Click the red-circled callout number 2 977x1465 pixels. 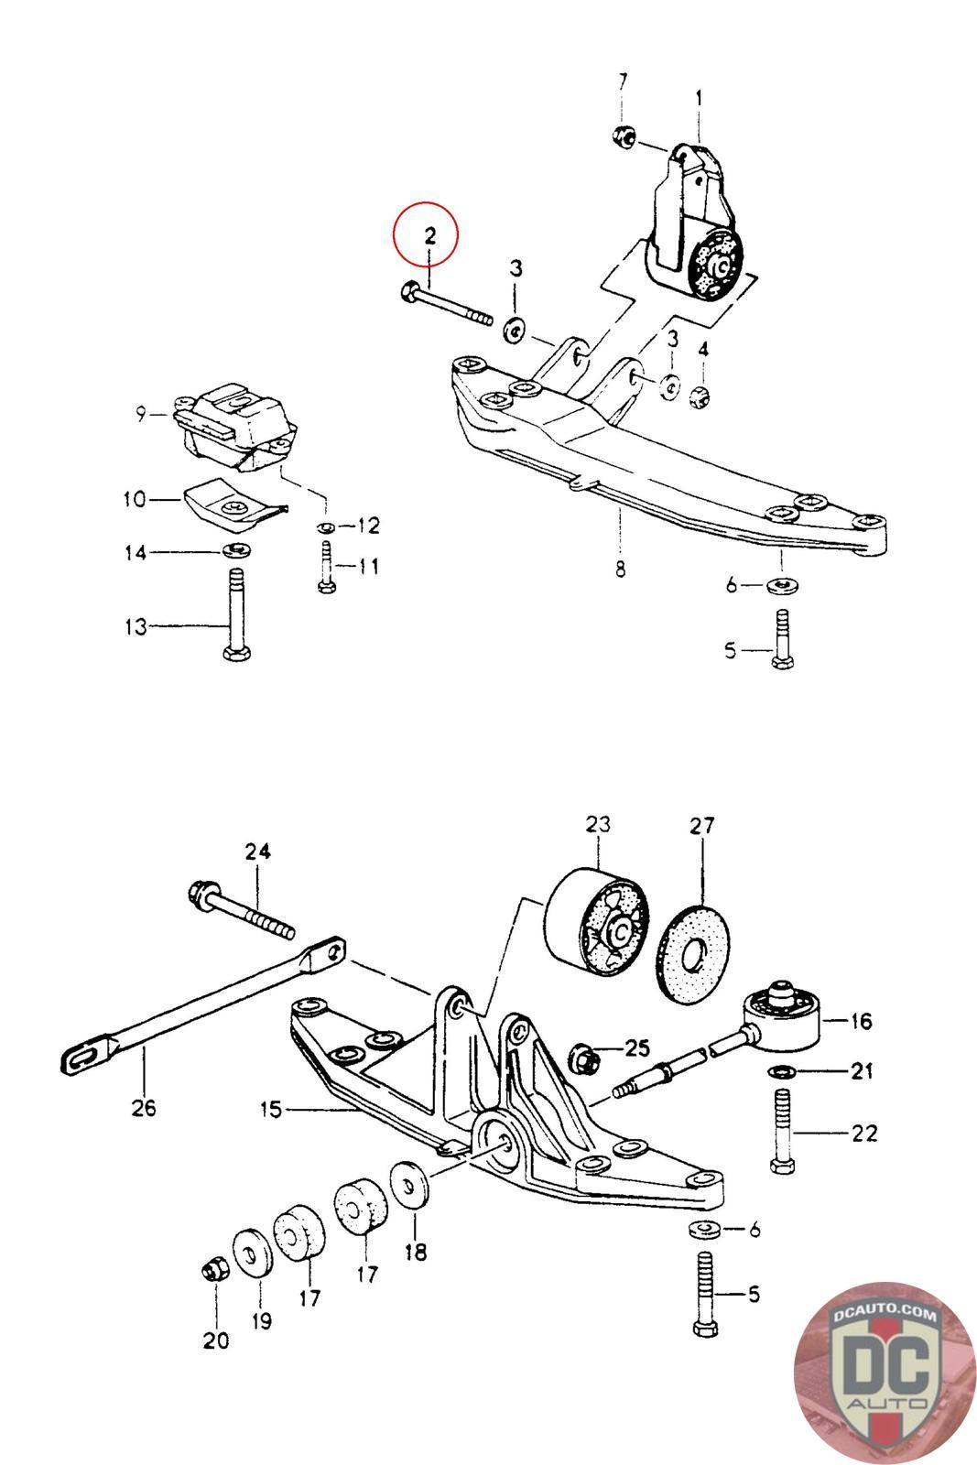click(x=428, y=234)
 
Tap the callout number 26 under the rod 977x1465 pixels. click(x=144, y=1107)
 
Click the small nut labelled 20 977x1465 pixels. click(x=212, y=1270)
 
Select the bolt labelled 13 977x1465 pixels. click(x=233, y=613)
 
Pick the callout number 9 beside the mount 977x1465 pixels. click(x=141, y=415)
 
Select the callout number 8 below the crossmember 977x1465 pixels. click(x=620, y=569)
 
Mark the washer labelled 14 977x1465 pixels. click(x=236, y=551)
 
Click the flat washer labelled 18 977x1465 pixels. click(x=409, y=1185)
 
